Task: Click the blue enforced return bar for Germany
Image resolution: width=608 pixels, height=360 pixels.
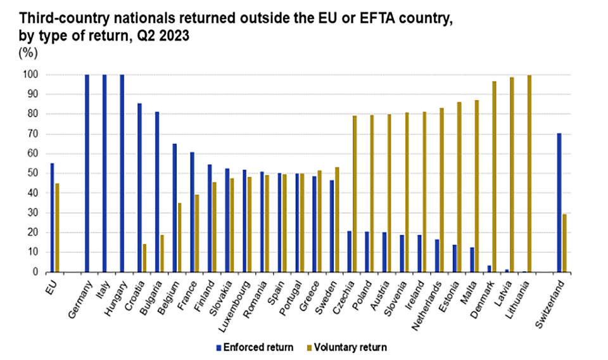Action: pyautogui.click(x=87, y=173)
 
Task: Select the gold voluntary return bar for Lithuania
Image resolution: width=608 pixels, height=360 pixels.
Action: pyautogui.click(x=529, y=174)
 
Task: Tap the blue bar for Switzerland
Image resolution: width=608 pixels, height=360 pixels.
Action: pyautogui.click(x=559, y=202)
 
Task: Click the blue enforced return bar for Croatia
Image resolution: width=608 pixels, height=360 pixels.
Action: pyautogui.click(x=139, y=188)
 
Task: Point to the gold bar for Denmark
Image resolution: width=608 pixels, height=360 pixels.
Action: pyautogui.click(x=494, y=176)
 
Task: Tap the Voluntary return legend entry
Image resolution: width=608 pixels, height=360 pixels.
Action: pyautogui.click(x=350, y=347)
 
